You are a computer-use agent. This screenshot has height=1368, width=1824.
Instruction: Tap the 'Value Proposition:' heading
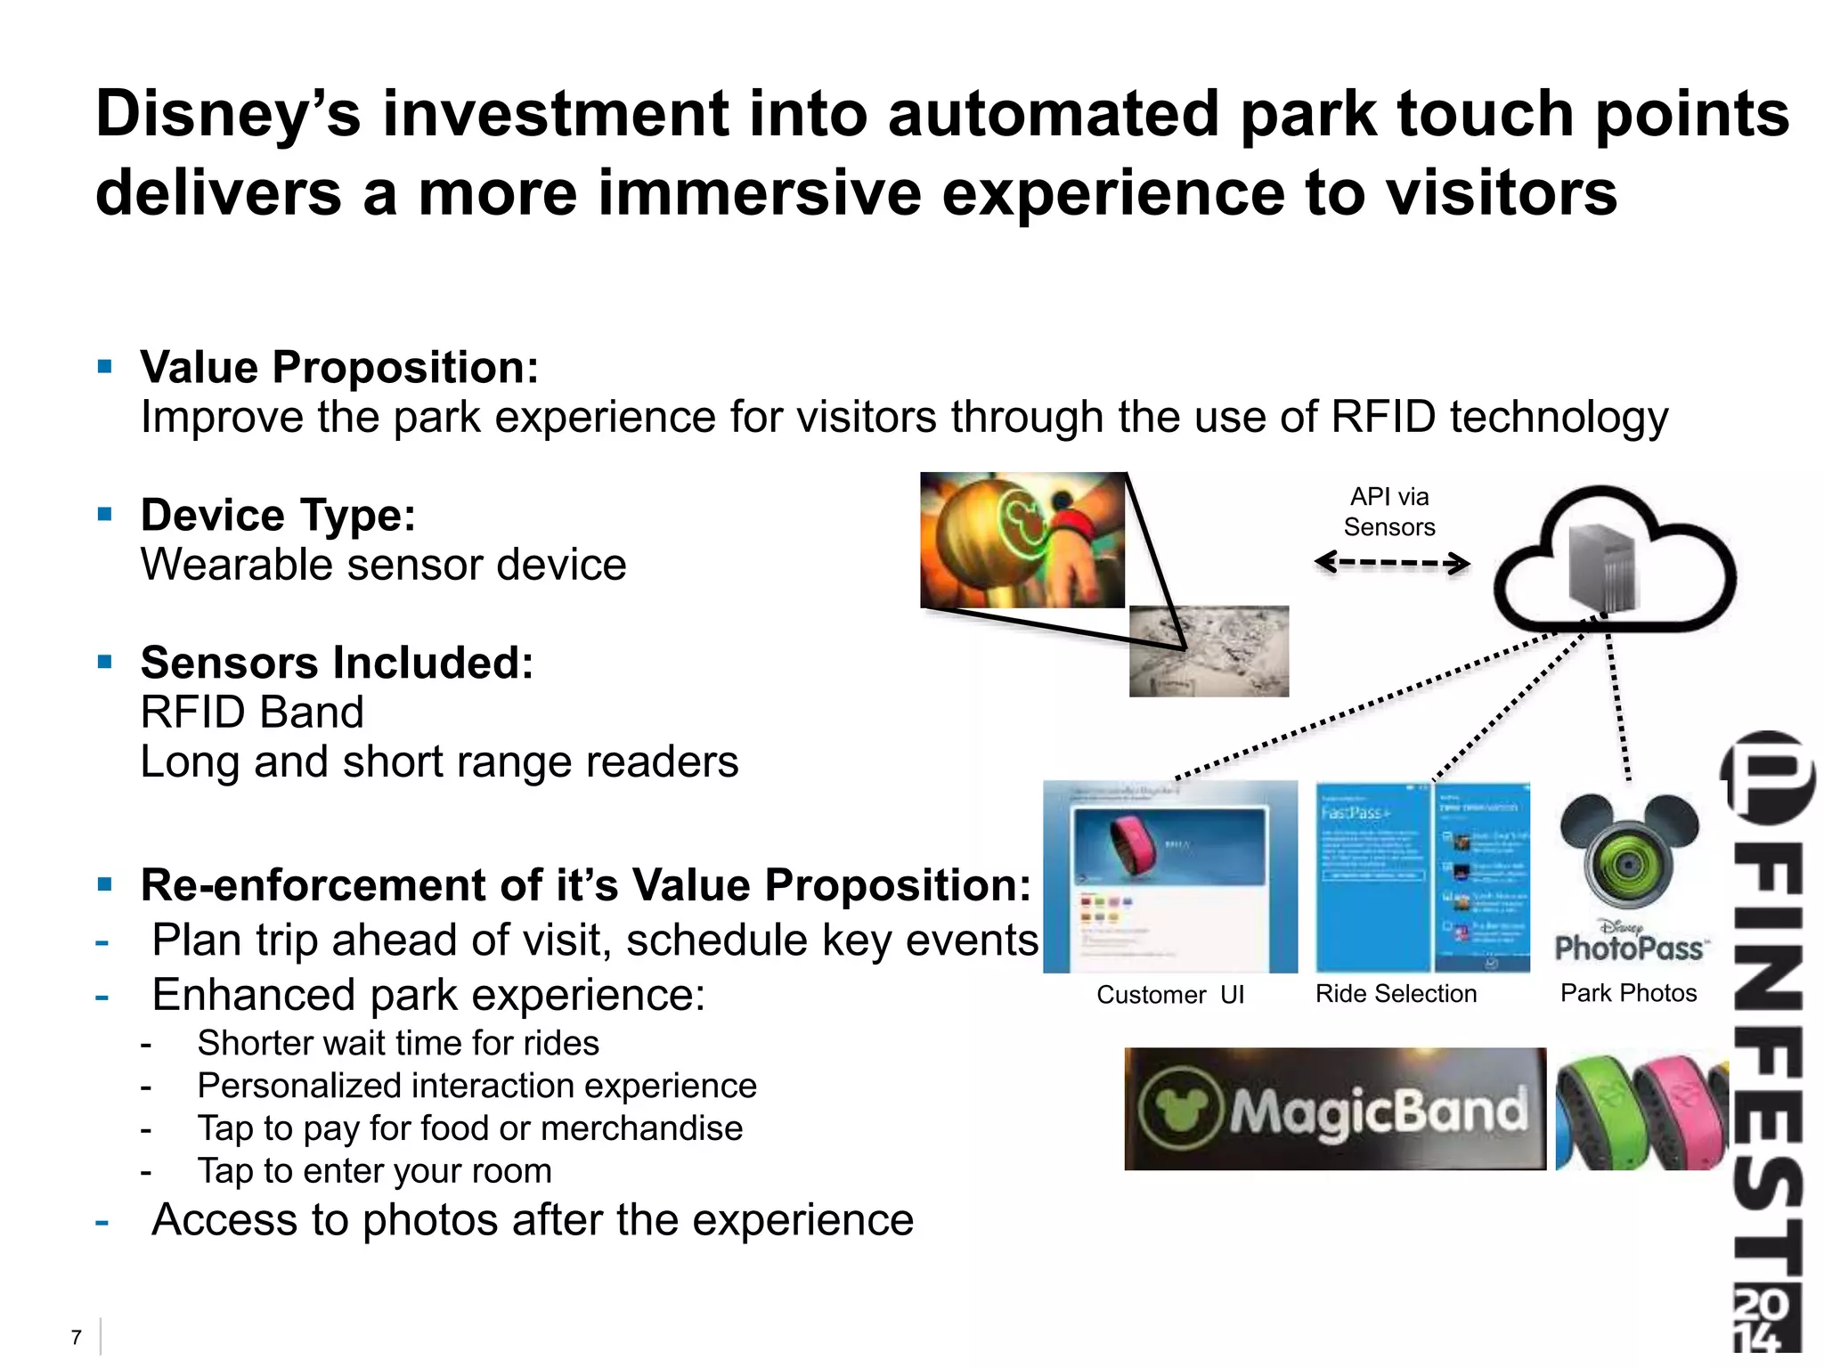[x=339, y=368]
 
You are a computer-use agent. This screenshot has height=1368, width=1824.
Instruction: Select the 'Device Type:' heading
[x=278, y=516]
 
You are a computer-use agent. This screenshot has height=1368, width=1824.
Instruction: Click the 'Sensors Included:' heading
[x=337, y=664]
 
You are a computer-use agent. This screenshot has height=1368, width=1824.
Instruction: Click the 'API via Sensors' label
[x=1388, y=512]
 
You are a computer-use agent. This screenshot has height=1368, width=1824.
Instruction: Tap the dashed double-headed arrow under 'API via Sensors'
[x=1391, y=563]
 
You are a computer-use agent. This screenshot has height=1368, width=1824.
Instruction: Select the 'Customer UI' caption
[x=1169, y=995]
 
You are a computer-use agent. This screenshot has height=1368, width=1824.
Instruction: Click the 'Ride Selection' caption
[x=1396, y=994]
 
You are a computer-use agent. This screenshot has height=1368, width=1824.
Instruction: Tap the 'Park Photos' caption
[x=1628, y=993]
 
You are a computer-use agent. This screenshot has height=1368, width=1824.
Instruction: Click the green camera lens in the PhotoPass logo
[x=1628, y=864]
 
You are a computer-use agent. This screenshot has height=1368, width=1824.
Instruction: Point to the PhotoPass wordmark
[x=1628, y=949]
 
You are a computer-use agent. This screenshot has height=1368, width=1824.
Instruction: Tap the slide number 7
[x=77, y=1337]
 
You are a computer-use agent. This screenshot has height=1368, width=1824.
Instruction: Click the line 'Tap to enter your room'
[x=374, y=1171]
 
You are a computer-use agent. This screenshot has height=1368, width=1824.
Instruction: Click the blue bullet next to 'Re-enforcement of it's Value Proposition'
[x=105, y=885]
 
